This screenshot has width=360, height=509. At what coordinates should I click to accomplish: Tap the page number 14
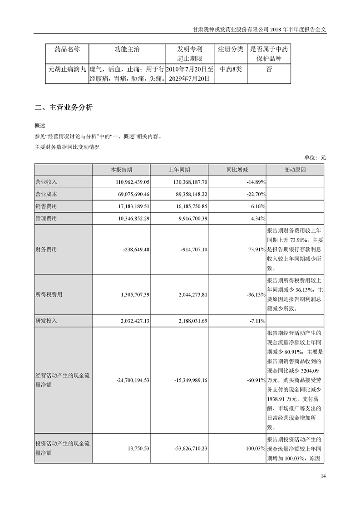(323, 476)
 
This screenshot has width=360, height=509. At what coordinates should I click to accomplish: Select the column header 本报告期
(121, 170)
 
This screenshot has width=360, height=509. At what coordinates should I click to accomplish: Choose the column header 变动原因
(295, 170)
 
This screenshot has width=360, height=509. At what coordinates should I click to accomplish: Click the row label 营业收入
(46, 181)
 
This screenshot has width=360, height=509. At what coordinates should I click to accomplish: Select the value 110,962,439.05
(130, 181)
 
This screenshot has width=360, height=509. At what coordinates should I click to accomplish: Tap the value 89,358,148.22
(187, 194)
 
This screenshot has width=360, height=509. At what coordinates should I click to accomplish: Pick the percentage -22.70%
(255, 194)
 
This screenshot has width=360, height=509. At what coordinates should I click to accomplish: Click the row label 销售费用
(46, 206)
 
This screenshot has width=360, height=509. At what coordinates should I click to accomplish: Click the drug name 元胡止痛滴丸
(67, 70)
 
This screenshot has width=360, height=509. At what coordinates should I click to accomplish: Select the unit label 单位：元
(315, 158)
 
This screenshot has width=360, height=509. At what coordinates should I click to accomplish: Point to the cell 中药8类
(230, 70)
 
